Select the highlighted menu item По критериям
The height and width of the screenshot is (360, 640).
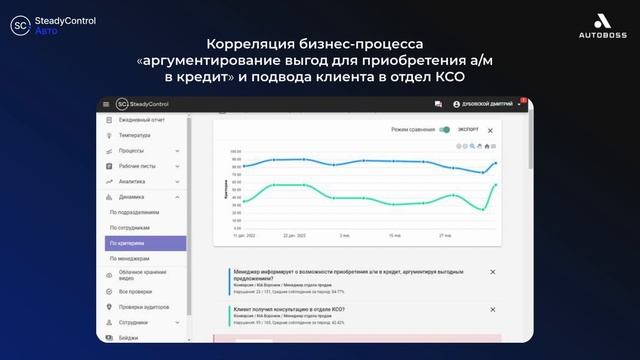(x=146, y=243)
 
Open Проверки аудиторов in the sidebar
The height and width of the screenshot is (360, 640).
(x=144, y=307)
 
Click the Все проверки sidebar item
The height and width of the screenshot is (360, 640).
(x=135, y=291)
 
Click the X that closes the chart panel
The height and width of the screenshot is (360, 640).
(x=490, y=130)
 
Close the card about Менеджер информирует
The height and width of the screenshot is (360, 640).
(x=492, y=272)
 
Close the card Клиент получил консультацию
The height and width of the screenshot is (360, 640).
(x=492, y=311)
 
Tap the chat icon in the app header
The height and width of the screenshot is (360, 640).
(x=438, y=104)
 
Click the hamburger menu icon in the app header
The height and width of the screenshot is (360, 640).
(x=105, y=104)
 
